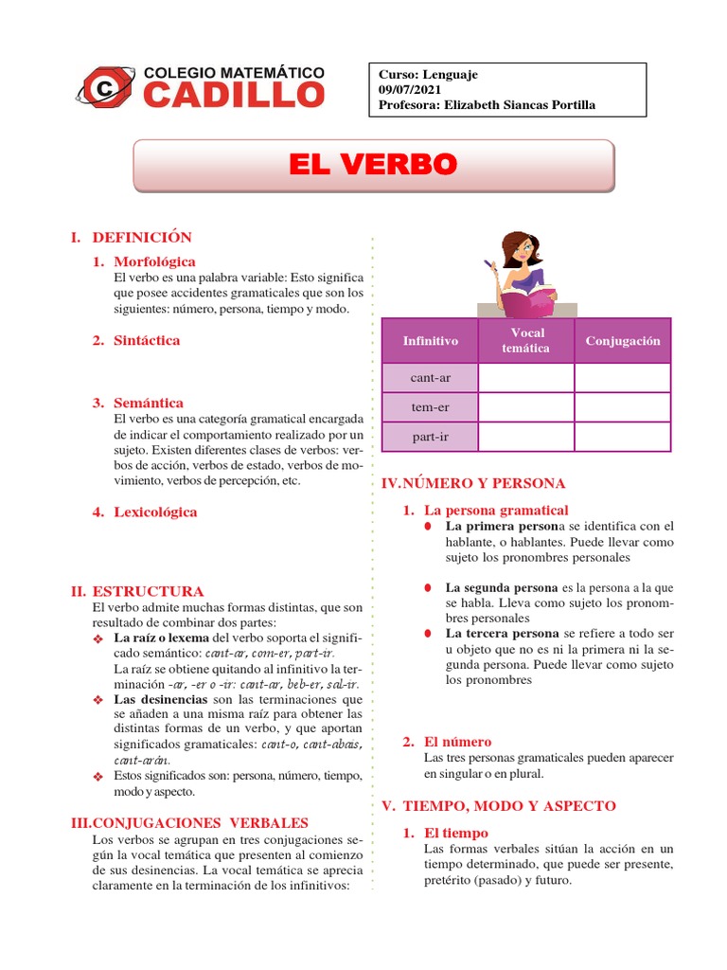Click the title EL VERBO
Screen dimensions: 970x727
(x=373, y=165)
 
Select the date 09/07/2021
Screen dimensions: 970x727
(x=409, y=89)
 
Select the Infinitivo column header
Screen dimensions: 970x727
(x=430, y=341)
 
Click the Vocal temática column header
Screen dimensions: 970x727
(x=527, y=341)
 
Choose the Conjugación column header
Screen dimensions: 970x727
(x=623, y=341)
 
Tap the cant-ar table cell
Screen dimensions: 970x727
(x=430, y=378)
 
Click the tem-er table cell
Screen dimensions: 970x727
(x=430, y=407)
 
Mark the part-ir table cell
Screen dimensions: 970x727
(x=430, y=437)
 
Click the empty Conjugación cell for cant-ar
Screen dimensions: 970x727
(x=623, y=378)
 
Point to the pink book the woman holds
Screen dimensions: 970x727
(x=524, y=301)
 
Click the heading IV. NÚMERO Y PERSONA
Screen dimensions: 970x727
(x=472, y=483)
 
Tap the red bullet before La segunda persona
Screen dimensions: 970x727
(x=428, y=588)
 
